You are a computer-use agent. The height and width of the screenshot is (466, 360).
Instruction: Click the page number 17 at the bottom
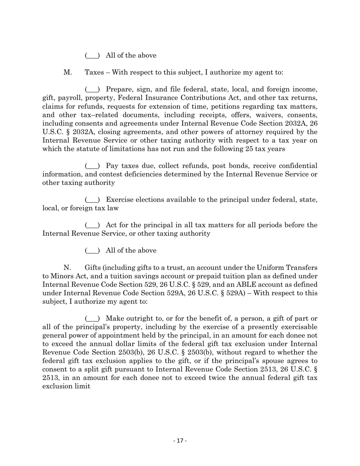[x=180, y=441]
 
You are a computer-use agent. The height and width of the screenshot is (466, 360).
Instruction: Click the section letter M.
[x=68, y=72]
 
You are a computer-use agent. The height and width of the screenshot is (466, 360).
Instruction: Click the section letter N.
[x=67, y=268]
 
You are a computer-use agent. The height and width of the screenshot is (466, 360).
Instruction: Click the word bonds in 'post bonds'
[x=221, y=166]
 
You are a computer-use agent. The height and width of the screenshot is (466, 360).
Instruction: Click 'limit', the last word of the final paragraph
[x=83, y=386]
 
